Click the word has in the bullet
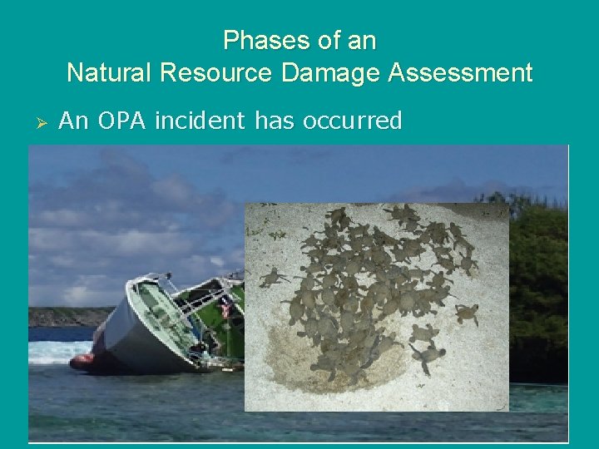click(x=275, y=121)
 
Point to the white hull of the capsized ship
click(x=125, y=333)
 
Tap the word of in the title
click(x=324, y=40)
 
